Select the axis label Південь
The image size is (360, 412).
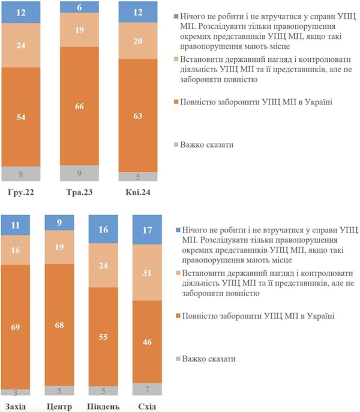click(103, 407)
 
